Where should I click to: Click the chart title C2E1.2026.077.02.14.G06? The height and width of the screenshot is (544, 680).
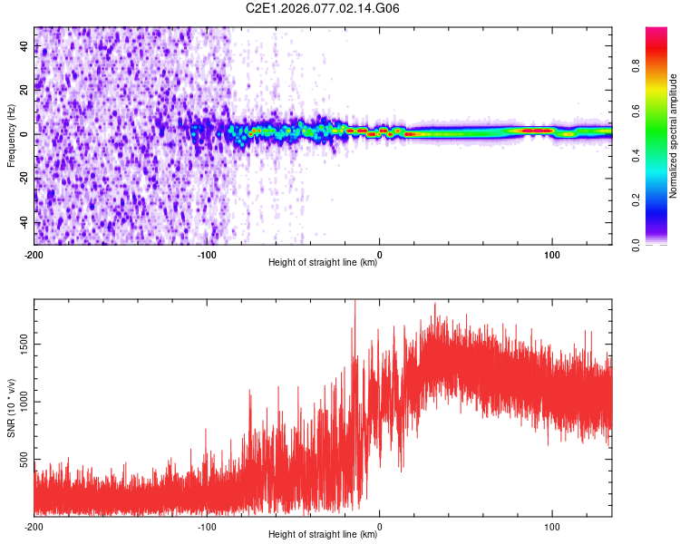point(324,9)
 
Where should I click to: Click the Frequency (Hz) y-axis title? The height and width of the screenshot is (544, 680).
point(11,136)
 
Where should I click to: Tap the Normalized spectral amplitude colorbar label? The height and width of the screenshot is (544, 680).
point(674,136)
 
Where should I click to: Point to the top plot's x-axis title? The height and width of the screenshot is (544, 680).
point(323,263)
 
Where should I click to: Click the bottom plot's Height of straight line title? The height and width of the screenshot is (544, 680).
point(323,535)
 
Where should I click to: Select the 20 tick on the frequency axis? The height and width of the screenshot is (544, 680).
point(24,90)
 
